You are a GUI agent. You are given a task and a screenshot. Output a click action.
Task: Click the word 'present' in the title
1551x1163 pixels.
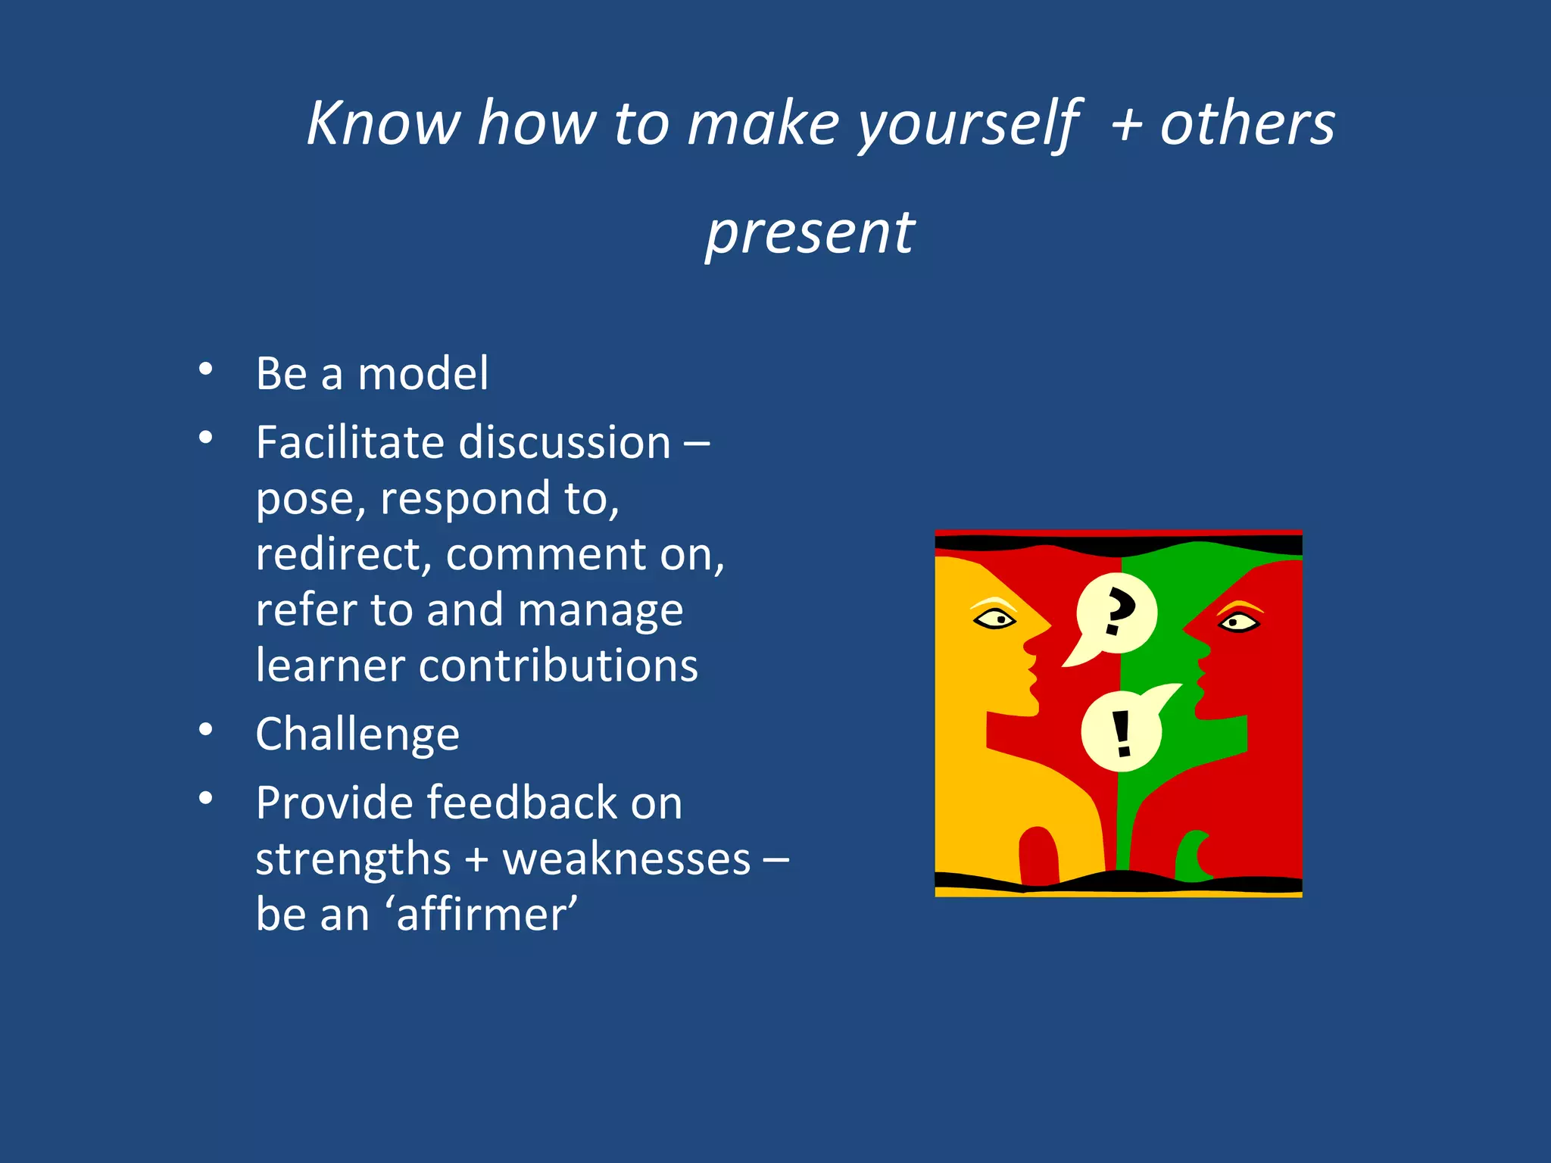pyautogui.click(x=810, y=233)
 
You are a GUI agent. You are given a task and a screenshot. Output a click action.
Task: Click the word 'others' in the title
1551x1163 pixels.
pyautogui.click(x=1247, y=123)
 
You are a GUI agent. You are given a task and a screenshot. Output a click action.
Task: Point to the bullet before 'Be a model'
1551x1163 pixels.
pyautogui.click(x=205, y=369)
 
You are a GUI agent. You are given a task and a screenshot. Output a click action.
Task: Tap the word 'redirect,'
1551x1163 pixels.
pyautogui.click(x=344, y=554)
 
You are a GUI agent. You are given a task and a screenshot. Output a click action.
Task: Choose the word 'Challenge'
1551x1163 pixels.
pyautogui.click(x=357, y=734)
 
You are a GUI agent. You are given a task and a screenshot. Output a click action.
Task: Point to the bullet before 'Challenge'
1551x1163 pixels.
pyautogui.click(x=205, y=730)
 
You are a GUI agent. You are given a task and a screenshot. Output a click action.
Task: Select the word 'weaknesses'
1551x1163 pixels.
pyautogui.click(x=626, y=859)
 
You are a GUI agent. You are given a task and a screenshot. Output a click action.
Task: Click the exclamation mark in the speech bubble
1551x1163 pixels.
pyautogui.click(x=1122, y=733)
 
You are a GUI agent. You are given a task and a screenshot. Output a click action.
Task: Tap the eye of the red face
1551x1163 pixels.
pyautogui.click(x=1238, y=622)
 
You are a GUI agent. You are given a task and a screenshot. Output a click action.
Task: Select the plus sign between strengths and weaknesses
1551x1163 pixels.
pyautogui.click(x=476, y=861)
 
